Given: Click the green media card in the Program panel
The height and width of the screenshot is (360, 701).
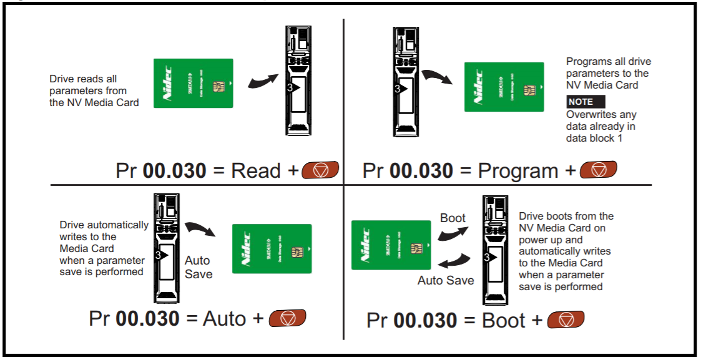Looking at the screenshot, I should [x=504, y=87].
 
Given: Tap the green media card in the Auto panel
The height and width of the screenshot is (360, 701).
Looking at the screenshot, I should [x=272, y=248].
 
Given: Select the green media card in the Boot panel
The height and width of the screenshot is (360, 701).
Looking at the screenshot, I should [x=391, y=245].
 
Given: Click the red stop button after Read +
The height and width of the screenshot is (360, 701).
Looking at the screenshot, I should [x=320, y=170].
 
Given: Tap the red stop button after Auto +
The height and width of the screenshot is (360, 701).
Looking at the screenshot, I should [x=287, y=318].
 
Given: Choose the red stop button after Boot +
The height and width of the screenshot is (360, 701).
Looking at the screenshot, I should [x=566, y=320].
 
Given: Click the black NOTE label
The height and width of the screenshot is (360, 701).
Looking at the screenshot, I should [x=585, y=102].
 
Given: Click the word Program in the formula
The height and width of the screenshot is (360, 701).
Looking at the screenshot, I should [x=518, y=170].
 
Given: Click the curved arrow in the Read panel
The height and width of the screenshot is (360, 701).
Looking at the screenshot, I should [x=262, y=82].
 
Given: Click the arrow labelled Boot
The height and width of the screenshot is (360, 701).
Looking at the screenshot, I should [x=453, y=233].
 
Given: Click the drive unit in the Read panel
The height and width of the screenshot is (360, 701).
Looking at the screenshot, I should [x=298, y=80].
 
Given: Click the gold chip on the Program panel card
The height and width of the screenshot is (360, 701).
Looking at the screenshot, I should [x=529, y=91].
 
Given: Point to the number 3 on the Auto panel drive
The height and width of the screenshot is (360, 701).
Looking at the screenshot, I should [x=158, y=256].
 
